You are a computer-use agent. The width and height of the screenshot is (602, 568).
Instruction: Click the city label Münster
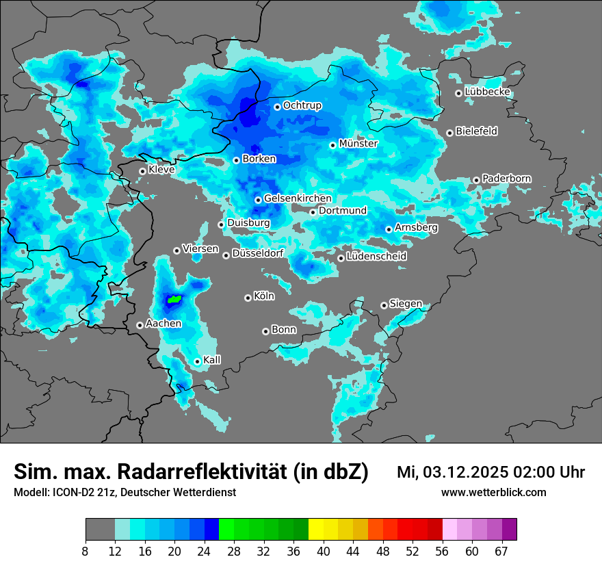click(x=358, y=144)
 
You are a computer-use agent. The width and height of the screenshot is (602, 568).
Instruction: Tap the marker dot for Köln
click(x=248, y=298)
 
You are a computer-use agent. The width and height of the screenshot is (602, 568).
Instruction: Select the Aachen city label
click(x=163, y=323)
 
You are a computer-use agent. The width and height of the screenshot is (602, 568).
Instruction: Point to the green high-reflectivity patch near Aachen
click(x=175, y=299)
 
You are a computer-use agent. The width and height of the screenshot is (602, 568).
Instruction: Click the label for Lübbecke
click(x=487, y=92)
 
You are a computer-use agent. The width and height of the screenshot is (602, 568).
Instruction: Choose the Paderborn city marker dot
click(x=476, y=180)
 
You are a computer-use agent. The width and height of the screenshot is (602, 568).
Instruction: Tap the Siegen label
click(x=406, y=304)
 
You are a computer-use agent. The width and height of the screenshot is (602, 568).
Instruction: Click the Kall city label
click(x=212, y=360)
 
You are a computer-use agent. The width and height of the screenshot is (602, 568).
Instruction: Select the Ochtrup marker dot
click(x=277, y=107)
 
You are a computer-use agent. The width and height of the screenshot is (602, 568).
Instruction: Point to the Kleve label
click(x=161, y=170)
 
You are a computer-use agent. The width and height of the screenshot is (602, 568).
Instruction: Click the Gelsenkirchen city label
click(x=298, y=198)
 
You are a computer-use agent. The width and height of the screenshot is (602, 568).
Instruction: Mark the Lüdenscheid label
click(x=376, y=257)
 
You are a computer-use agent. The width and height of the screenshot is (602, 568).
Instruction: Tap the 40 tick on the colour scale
click(x=323, y=551)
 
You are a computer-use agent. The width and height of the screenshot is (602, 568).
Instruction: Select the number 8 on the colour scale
click(x=86, y=551)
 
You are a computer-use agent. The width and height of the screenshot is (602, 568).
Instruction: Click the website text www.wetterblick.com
click(x=493, y=493)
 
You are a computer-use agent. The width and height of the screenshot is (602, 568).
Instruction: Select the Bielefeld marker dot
click(x=449, y=133)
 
